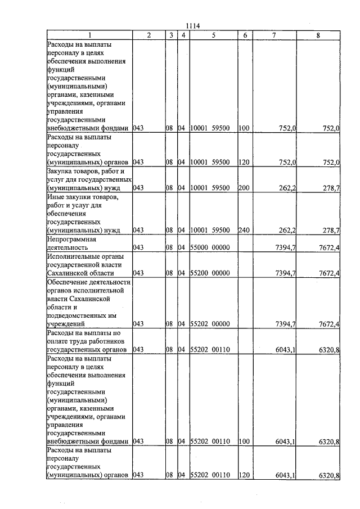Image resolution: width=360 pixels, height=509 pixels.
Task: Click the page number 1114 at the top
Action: point(192,24)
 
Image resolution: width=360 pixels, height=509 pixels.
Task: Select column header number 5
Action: point(214,35)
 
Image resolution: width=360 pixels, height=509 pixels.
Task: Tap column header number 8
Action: point(318,35)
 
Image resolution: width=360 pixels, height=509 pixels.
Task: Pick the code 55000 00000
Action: point(210,247)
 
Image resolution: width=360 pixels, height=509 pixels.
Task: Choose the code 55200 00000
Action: point(210,273)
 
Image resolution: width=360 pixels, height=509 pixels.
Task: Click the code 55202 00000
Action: point(210,324)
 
